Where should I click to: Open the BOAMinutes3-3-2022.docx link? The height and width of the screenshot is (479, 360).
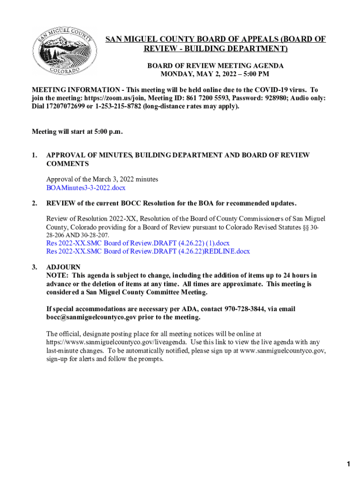tap(86, 188)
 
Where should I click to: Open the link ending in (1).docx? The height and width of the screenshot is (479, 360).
tap(137, 243)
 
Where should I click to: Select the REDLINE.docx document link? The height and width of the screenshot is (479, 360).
tap(148, 252)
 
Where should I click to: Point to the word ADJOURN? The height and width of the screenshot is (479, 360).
tap(63, 268)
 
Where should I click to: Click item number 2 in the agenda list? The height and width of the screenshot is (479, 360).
tap(34, 203)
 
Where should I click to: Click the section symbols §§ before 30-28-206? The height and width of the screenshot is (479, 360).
tap(308, 227)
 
